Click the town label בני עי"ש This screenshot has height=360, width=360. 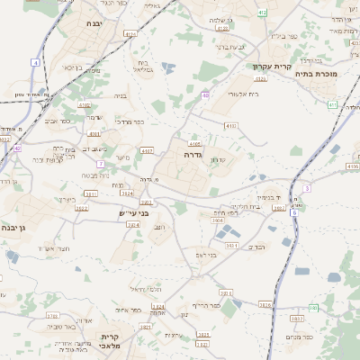[132, 213]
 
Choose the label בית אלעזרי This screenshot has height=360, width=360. [242, 93]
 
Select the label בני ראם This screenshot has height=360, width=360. [206, 255]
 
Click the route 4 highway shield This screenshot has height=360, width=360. [36, 62]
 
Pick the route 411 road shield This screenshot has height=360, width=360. [332, 104]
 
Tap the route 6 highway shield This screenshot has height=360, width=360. [294, 212]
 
